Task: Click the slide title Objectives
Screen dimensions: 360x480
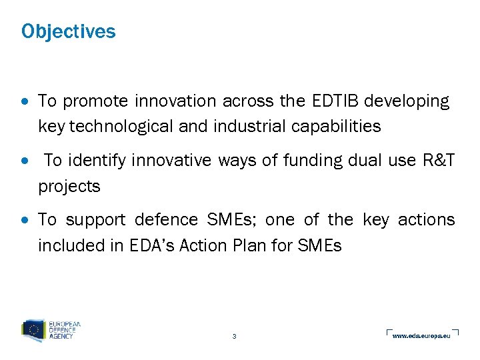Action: pyautogui.click(x=68, y=31)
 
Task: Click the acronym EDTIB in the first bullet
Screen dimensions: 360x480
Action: pyautogui.click(x=327, y=101)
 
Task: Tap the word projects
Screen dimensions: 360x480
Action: pyautogui.click(x=69, y=187)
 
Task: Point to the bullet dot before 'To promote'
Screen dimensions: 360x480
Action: pyautogui.click(x=25, y=102)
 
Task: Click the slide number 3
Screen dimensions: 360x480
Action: pyautogui.click(x=234, y=336)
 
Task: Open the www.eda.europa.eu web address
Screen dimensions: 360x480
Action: pyautogui.click(x=421, y=335)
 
